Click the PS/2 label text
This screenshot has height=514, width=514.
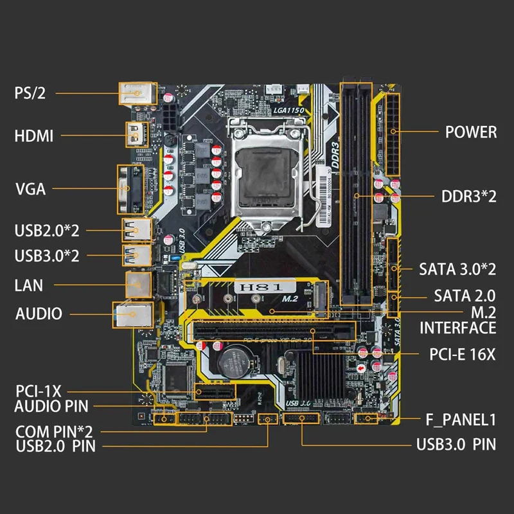click(31, 94)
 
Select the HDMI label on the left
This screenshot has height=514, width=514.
click(33, 136)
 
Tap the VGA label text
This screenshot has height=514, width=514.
click(30, 189)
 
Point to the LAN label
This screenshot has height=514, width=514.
click(30, 283)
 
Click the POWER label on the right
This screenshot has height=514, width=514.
click(471, 132)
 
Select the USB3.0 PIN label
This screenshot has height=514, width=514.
click(456, 444)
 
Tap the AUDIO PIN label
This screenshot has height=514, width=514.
click(51, 405)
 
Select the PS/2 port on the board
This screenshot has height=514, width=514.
click(137, 94)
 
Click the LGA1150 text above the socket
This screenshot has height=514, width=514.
click(288, 111)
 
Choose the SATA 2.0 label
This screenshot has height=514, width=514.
click(465, 296)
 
